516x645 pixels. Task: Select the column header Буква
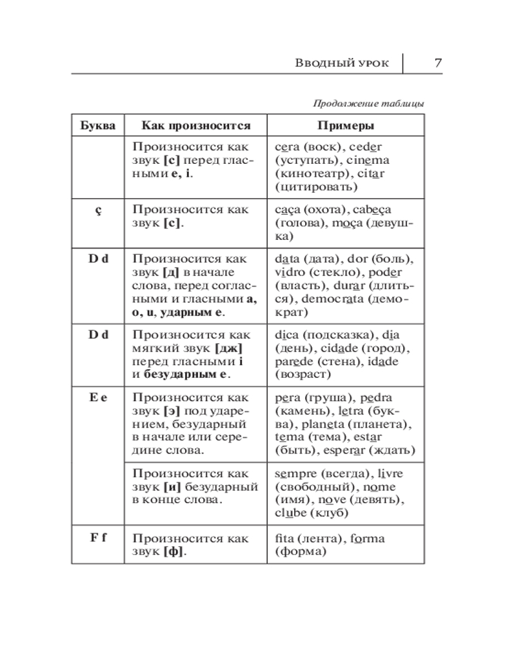(x=98, y=125)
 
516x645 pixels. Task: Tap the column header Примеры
(x=345, y=125)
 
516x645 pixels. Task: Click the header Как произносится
(x=195, y=125)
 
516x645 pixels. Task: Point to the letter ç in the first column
(x=98, y=210)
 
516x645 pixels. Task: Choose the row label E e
(x=98, y=397)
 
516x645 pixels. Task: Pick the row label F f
(x=98, y=538)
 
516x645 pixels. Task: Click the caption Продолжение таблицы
(x=368, y=103)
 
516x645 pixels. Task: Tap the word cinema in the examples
(x=368, y=160)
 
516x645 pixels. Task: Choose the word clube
(x=291, y=514)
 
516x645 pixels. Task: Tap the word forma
(x=366, y=539)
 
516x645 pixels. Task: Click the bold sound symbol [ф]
(x=174, y=552)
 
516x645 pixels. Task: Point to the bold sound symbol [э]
(x=172, y=411)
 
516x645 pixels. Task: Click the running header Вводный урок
(x=342, y=63)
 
